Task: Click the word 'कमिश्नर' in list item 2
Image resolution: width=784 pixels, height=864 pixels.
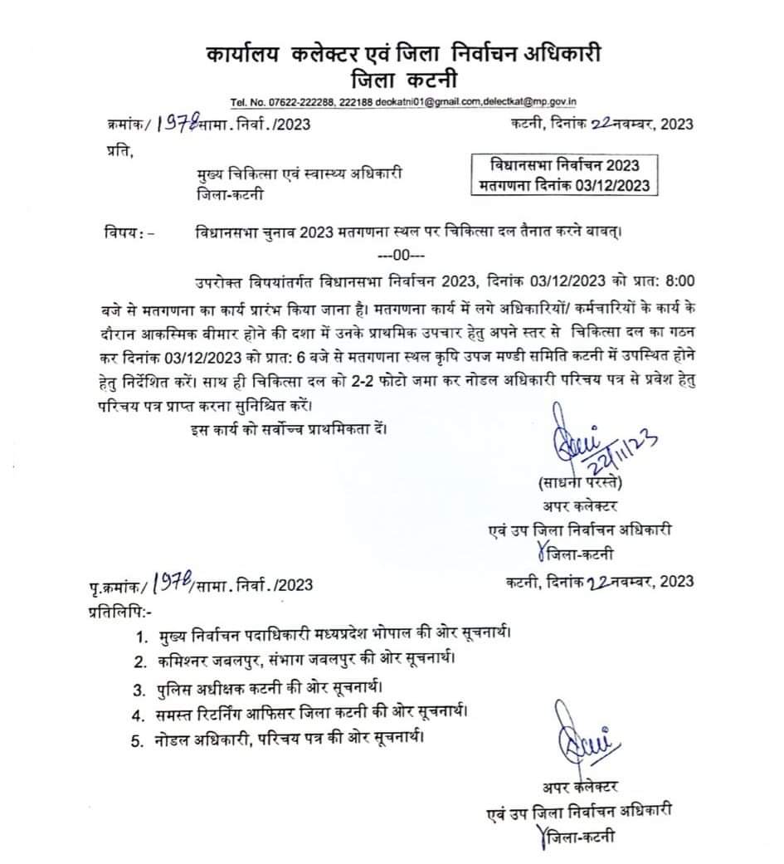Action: click(x=186, y=661)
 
